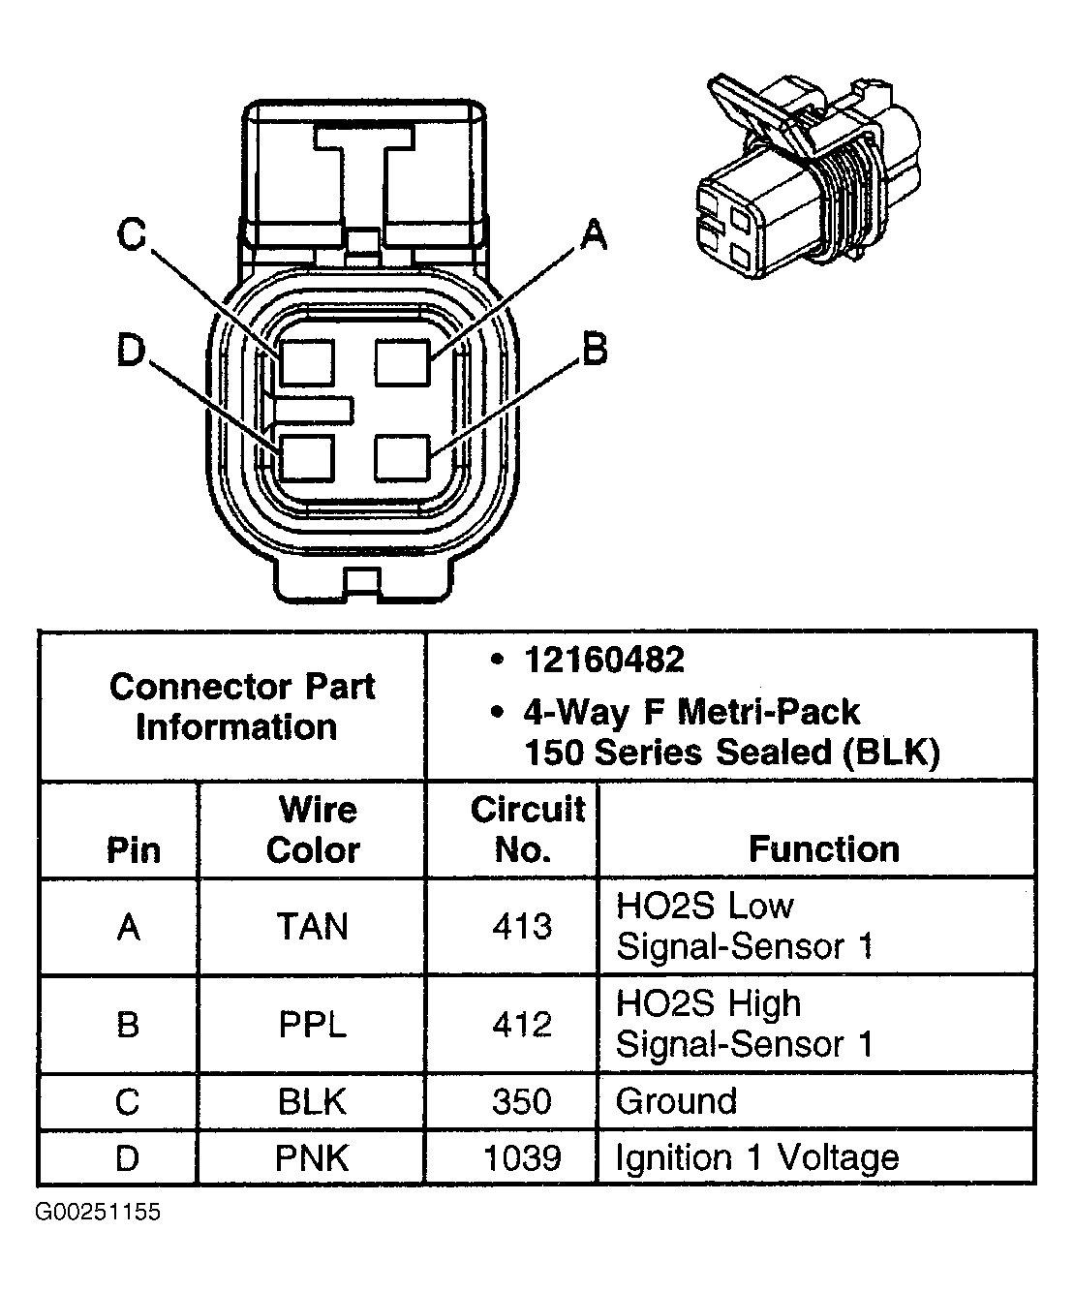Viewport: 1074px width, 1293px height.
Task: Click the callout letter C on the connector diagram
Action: (132, 235)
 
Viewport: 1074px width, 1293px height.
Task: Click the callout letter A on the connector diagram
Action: (593, 235)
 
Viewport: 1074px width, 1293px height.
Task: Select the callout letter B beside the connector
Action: (594, 350)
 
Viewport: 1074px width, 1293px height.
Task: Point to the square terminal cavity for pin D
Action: (306, 458)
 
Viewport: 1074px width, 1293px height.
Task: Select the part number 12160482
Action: (603, 660)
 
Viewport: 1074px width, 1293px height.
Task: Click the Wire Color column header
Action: (313, 830)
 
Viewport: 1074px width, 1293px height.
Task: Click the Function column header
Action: (824, 849)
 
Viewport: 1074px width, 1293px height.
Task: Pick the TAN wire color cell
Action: (312, 928)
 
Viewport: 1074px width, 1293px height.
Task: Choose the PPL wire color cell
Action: (312, 1025)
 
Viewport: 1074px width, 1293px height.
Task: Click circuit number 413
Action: (522, 927)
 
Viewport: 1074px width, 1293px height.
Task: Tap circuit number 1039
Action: (522, 1157)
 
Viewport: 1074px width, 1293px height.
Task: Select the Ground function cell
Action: (677, 1101)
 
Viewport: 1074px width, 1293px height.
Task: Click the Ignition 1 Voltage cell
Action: (757, 1157)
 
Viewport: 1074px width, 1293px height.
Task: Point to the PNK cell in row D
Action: (312, 1157)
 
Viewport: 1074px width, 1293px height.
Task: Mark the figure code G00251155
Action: (98, 1213)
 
